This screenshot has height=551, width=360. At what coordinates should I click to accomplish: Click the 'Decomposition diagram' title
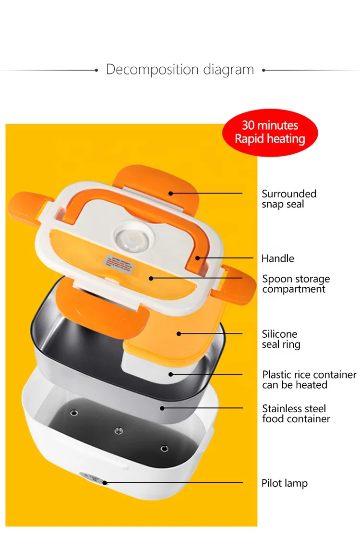point(180,69)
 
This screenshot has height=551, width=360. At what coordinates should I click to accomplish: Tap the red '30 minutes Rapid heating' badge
point(270,133)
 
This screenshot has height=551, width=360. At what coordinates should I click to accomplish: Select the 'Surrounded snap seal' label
point(288,199)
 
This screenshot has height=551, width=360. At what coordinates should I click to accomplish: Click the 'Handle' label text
point(277,258)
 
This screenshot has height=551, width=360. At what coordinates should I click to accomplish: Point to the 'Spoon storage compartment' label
point(296,284)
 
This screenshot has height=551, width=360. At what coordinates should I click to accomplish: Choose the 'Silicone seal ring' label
point(281,339)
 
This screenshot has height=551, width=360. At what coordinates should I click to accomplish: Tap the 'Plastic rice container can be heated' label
point(309,380)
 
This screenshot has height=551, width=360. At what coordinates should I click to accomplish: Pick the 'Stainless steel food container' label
point(296,414)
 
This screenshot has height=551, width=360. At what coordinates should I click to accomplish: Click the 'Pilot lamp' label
point(284,483)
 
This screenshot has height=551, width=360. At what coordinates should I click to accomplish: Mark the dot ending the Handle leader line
point(198,258)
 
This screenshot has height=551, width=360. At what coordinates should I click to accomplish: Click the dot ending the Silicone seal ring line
point(179,333)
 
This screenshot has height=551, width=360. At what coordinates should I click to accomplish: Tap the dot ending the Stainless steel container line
point(163,408)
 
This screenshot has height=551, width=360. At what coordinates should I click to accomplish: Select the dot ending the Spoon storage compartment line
point(151,278)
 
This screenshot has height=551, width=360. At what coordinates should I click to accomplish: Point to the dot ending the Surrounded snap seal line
point(170,193)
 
